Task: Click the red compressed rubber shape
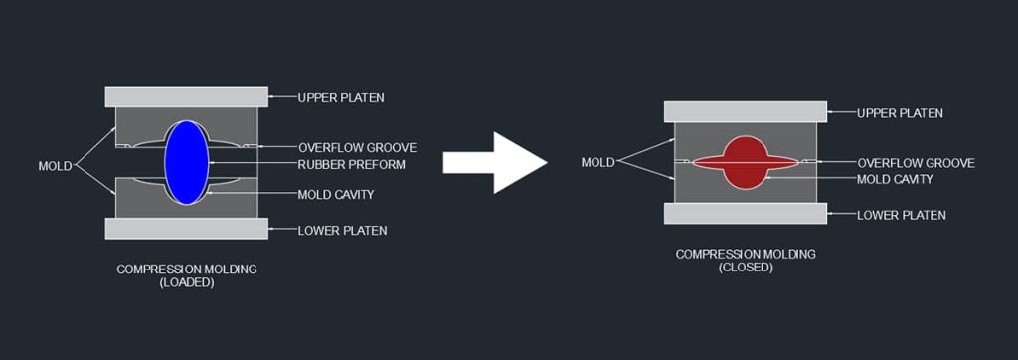745,160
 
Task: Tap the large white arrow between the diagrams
494,162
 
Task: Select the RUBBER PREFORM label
352,164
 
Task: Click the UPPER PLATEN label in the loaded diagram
341,97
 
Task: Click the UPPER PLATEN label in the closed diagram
900,113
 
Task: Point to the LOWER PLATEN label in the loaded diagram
342,231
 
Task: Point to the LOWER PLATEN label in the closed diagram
901,215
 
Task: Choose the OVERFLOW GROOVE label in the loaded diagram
357,147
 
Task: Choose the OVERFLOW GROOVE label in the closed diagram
916,163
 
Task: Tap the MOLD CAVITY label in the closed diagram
895,179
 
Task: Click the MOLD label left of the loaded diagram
55,166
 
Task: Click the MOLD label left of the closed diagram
597,162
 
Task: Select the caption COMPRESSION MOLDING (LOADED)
186,275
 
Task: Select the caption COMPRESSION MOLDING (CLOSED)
745,261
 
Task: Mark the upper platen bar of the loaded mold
186,96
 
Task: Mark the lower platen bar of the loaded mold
186,229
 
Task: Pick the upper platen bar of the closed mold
745,111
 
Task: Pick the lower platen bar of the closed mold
745,214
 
